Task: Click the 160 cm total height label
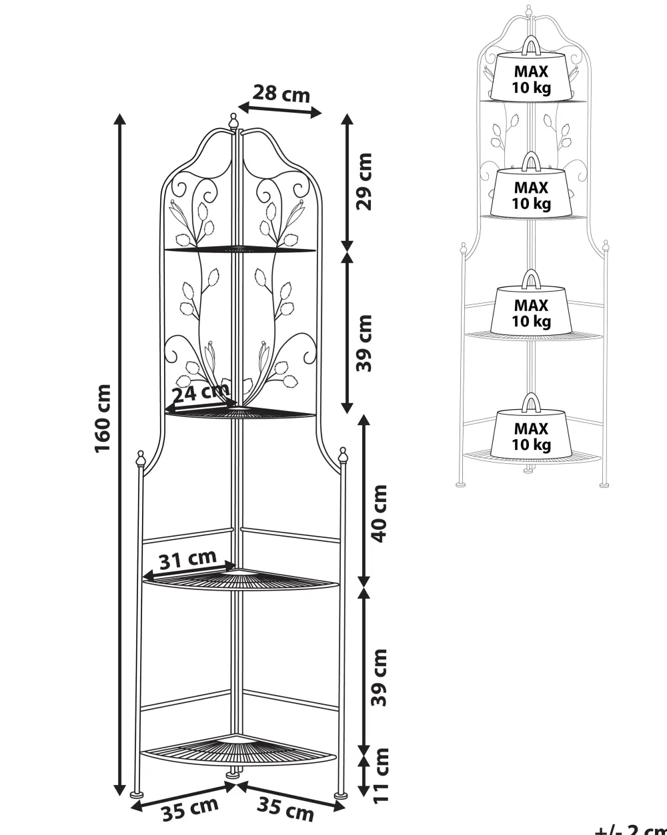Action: pos(103,419)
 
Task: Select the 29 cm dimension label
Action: pos(364,182)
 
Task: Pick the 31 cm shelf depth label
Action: pos(188,559)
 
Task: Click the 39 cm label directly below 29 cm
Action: pos(364,342)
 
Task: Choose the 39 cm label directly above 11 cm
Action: pos(378,677)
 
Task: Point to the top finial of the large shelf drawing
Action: pos(233,121)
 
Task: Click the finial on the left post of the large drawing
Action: pos(140,458)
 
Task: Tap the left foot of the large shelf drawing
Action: pos(137,794)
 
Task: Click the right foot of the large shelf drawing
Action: pos(340,794)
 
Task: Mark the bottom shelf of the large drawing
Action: pos(237,751)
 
